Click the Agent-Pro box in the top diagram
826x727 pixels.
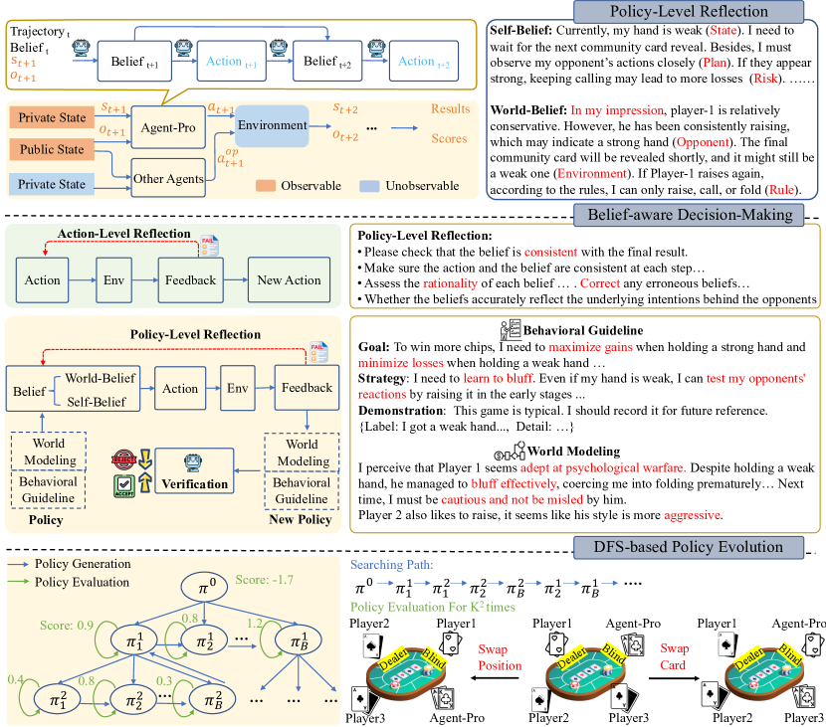(x=160, y=128)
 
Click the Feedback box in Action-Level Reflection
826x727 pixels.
(x=189, y=279)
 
